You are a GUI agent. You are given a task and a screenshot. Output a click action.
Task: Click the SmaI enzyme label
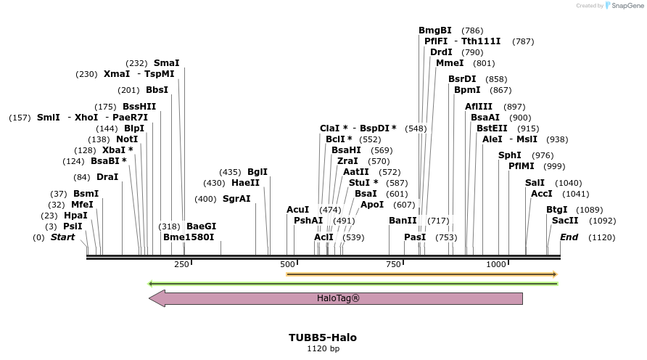pyautogui.click(x=166, y=63)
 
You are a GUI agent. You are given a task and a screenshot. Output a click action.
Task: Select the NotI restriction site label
pyautogui.click(x=127, y=139)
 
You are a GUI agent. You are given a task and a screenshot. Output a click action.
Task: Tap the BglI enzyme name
pyautogui.click(x=257, y=172)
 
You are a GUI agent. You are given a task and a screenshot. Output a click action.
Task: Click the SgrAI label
pyautogui.click(x=236, y=199)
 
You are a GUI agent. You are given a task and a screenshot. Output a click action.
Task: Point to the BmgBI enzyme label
pyautogui.click(x=435, y=30)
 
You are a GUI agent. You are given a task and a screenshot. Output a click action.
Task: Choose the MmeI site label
pyautogui.click(x=450, y=63)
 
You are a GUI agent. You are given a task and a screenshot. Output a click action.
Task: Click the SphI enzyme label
pyautogui.click(x=510, y=155)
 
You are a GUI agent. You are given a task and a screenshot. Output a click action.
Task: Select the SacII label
pyautogui.click(x=565, y=221)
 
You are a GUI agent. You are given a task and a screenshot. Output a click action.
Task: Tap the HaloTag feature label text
pyautogui.click(x=338, y=298)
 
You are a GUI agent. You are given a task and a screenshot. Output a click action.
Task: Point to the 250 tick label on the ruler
pyautogui.click(x=181, y=264)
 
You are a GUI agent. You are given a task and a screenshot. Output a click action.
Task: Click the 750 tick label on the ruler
pyautogui.click(x=393, y=264)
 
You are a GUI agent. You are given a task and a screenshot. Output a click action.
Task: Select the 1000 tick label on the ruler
pyautogui.click(x=497, y=264)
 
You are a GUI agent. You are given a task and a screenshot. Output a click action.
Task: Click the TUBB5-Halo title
pyautogui.click(x=323, y=337)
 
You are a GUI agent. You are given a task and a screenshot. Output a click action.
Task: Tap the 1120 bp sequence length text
pyautogui.click(x=323, y=349)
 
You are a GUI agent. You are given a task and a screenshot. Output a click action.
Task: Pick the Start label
pyautogui.click(x=62, y=237)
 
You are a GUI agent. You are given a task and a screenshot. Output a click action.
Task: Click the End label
pyautogui.click(x=569, y=237)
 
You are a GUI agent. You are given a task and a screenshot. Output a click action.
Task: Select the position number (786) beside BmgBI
pyautogui.click(x=472, y=30)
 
